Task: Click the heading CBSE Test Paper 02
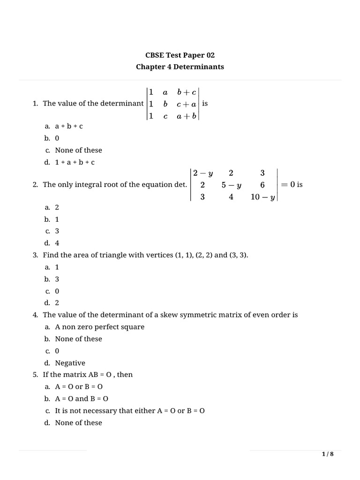[180, 55]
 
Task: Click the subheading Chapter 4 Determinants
[180, 67]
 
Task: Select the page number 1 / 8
[328, 454]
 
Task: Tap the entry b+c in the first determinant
[187, 92]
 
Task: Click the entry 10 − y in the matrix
[262, 197]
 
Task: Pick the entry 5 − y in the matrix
[232, 185]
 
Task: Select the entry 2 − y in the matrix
[202, 173]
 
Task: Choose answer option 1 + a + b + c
[75, 162]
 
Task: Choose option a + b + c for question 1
[69, 127]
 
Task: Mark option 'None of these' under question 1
[78, 150]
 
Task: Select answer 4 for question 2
[57, 243]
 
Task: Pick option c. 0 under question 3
[57, 291]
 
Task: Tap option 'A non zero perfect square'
[99, 327]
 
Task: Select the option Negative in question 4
[70, 363]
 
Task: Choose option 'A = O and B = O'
[82, 398]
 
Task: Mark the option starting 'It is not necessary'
[130, 411]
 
